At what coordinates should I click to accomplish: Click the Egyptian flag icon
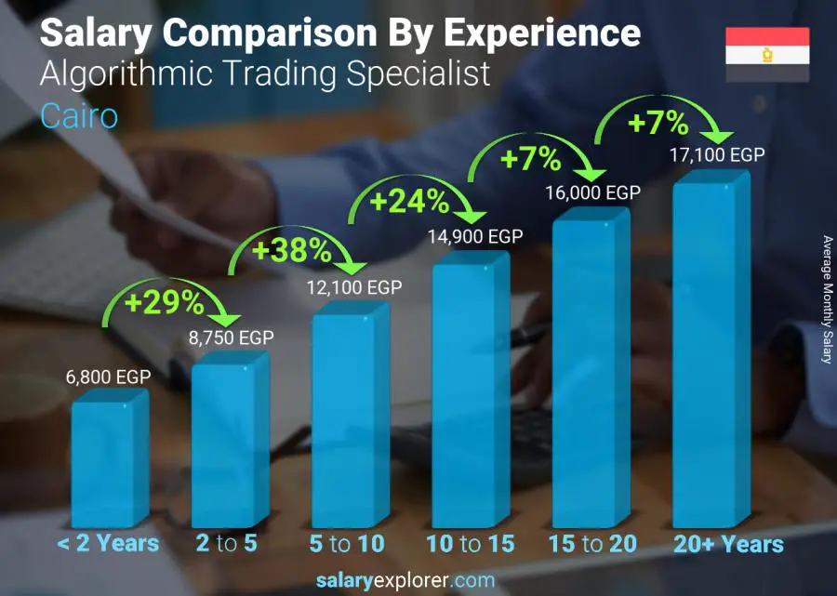(767, 55)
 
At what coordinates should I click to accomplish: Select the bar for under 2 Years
(108, 460)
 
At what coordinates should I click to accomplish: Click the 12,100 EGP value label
(354, 288)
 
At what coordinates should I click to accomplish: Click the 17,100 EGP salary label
(717, 155)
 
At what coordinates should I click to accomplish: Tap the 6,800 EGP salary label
(108, 377)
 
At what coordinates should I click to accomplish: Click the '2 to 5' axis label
(227, 544)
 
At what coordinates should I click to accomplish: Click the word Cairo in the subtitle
(79, 116)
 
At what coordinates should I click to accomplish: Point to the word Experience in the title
(541, 33)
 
